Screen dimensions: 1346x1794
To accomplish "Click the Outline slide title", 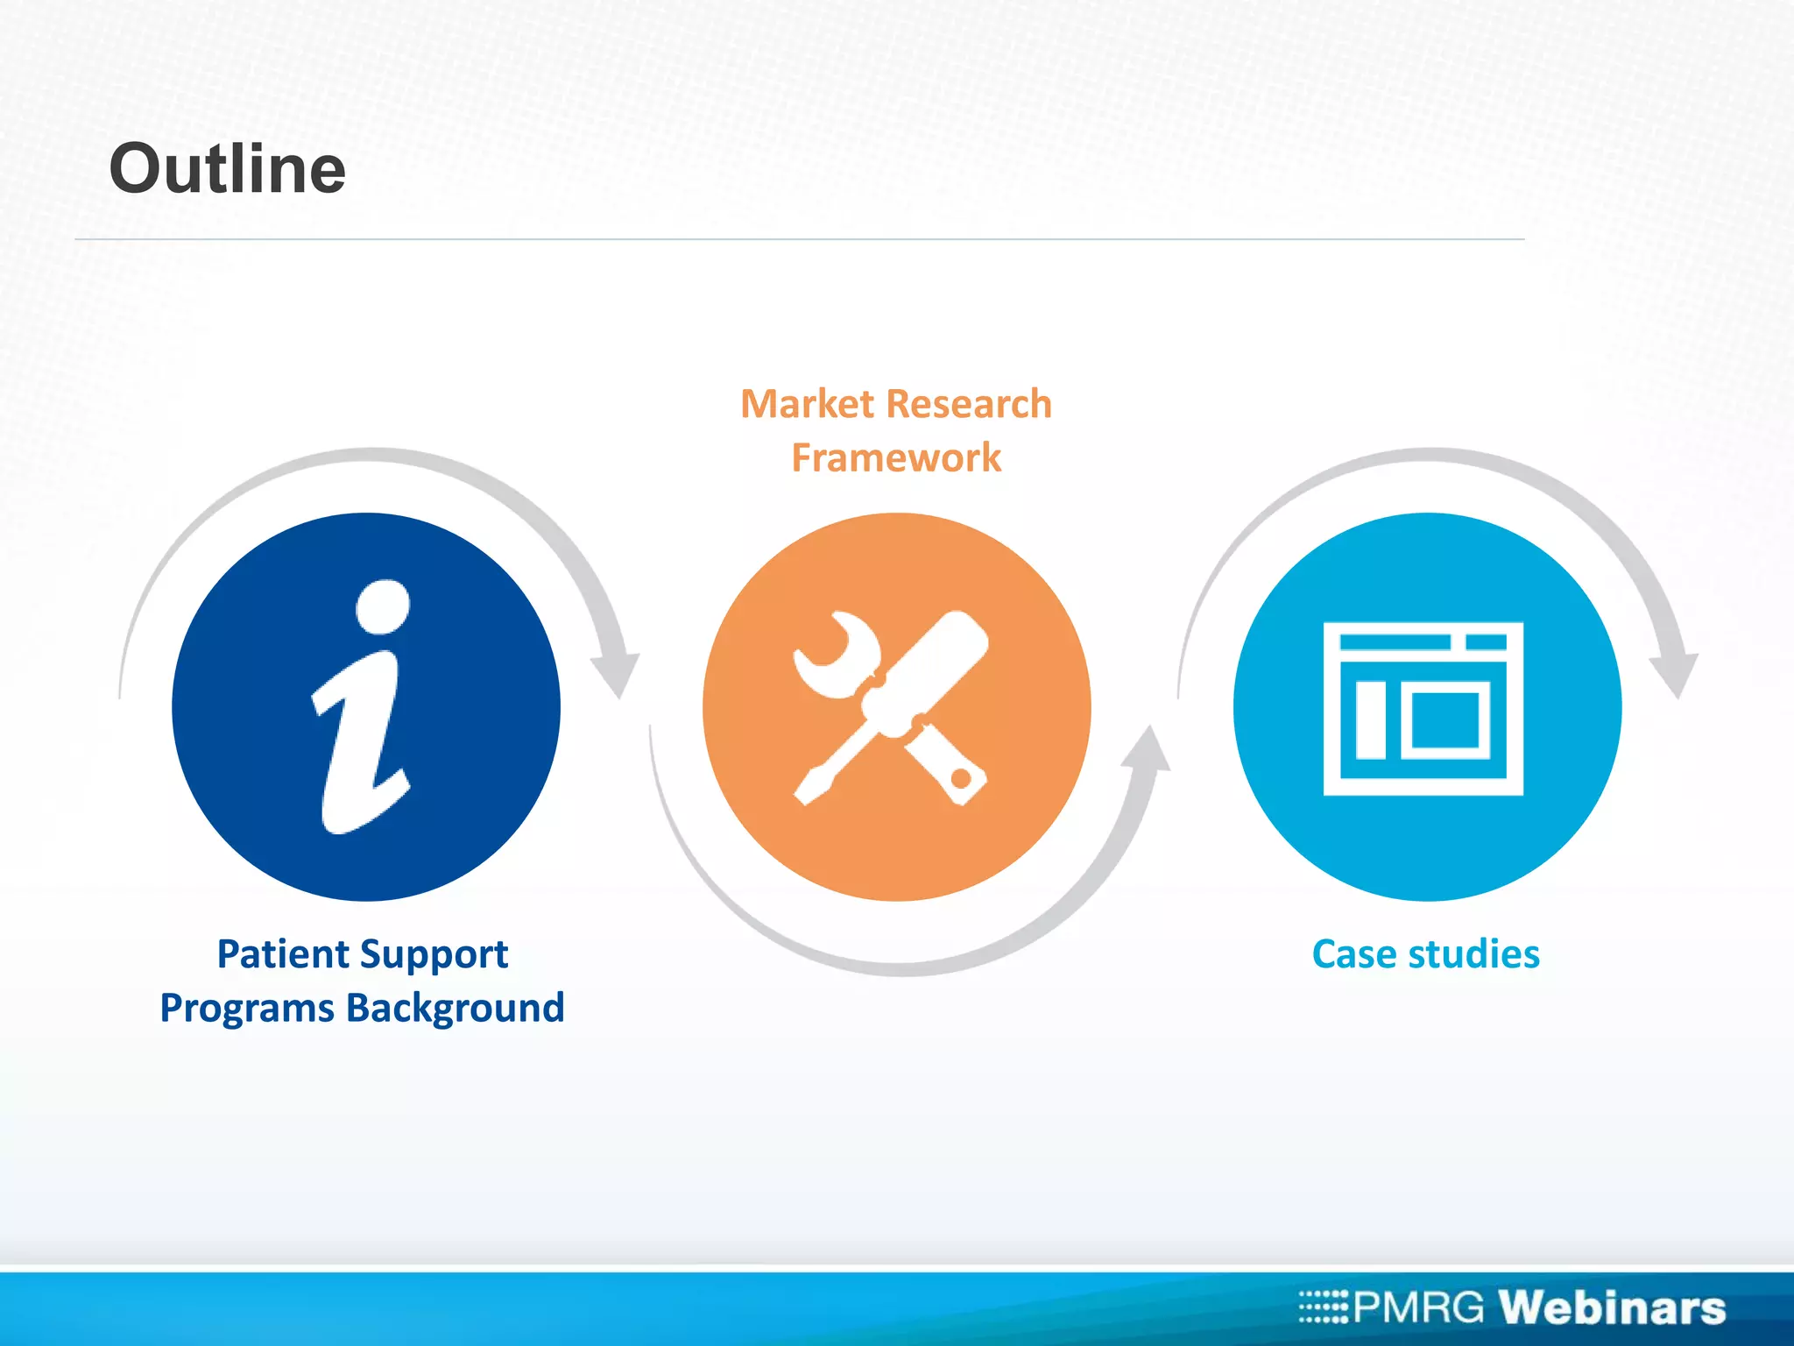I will (227, 168).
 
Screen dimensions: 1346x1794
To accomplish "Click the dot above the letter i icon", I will (384, 606).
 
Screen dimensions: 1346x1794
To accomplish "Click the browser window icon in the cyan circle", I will (1423, 708).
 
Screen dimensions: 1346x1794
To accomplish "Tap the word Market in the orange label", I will (807, 404).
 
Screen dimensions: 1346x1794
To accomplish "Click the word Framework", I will (895, 457).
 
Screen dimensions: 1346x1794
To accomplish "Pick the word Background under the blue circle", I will (456, 1008).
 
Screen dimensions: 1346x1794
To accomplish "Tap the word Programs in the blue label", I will (246, 1008).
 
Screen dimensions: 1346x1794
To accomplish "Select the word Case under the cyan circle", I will (1353, 953).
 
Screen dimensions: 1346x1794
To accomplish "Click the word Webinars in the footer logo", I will (1611, 1307).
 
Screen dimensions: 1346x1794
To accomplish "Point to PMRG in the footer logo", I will (1418, 1307).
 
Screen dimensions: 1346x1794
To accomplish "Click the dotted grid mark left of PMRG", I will (1324, 1307).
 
